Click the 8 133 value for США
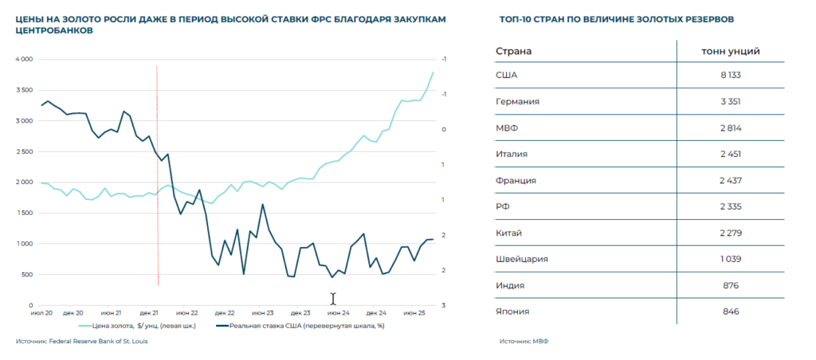730,76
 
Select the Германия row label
518,102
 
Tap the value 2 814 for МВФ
730,128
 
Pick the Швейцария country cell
522,259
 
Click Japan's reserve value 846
730,311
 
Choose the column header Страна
514,51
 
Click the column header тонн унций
730,51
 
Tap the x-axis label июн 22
186,314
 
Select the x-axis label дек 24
377,314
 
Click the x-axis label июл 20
42,314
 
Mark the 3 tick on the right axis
443,306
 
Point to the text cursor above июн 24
333,299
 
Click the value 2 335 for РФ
730,206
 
